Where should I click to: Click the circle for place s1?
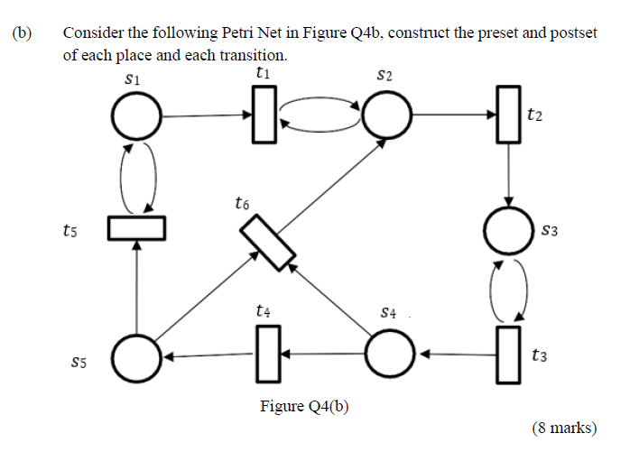(136, 116)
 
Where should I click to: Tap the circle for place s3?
(510, 231)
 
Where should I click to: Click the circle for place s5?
(136, 355)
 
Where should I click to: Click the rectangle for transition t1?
(264, 116)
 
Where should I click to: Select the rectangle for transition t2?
(510, 116)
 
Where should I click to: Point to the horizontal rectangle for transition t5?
(136, 228)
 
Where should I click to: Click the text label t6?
(241, 204)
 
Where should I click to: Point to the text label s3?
(551, 231)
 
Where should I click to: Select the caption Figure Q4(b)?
(304, 406)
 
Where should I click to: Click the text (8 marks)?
(564, 428)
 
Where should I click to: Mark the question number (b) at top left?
(22, 34)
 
